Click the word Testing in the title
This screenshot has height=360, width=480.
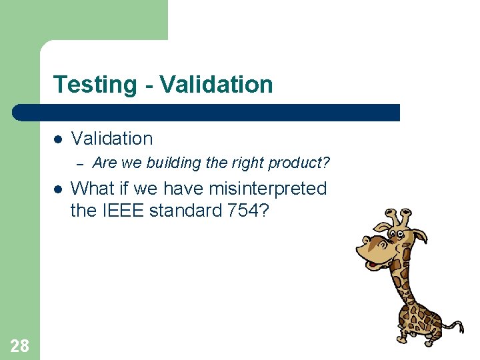pos(95,85)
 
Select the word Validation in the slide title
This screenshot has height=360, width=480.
pos(217,85)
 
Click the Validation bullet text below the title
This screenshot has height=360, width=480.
pos(111,139)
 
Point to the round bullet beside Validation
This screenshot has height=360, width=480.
pos(58,139)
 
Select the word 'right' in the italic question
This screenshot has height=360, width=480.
pos(246,163)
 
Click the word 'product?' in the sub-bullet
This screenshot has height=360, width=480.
pos(299,163)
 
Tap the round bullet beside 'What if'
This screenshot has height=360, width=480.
pos(58,189)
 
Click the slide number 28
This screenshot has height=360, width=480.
pos(19,345)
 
